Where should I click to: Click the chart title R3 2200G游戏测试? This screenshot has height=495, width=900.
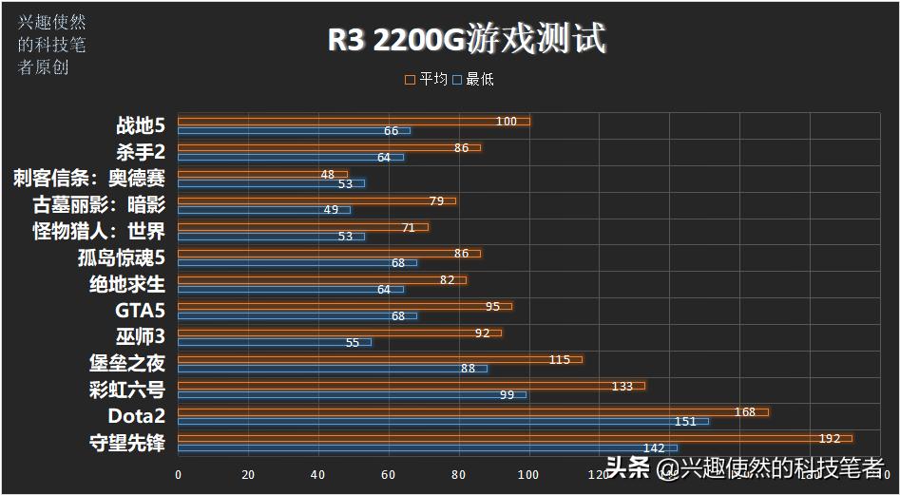(467, 39)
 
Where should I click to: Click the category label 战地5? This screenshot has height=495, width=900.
(141, 125)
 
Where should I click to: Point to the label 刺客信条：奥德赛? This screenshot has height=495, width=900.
(89, 179)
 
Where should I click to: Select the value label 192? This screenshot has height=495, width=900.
(830, 438)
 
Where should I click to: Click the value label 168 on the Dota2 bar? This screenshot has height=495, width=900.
(745, 411)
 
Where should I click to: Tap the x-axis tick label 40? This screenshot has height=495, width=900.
(318, 474)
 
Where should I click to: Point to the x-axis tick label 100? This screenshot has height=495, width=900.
(528, 474)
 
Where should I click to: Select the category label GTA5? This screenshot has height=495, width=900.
(140, 310)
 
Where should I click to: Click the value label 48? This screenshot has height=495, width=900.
(328, 174)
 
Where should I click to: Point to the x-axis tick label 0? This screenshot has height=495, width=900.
(178, 474)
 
